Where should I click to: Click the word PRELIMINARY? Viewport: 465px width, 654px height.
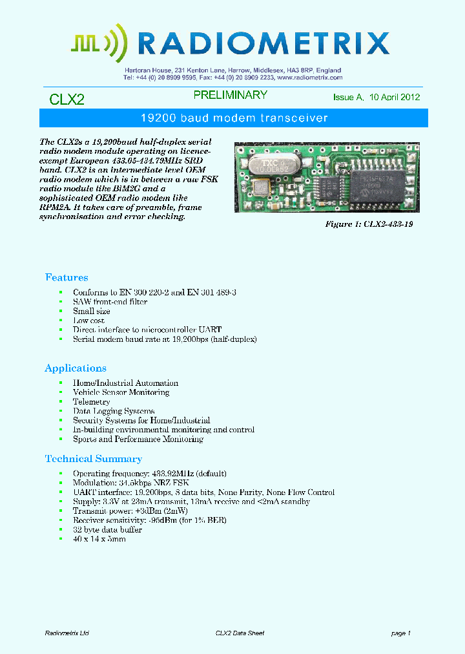(231, 95)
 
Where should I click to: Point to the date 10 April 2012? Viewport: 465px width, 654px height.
(395, 98)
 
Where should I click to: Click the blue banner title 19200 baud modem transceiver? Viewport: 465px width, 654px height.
(234, 118)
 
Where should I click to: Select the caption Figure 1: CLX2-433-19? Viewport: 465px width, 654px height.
(368, 224)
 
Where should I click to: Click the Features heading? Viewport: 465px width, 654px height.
(67, 277)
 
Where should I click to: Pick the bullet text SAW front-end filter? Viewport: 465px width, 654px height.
(110, 302)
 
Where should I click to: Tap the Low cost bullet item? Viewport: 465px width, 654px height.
(88, 321)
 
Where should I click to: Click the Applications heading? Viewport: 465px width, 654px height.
(76, 368)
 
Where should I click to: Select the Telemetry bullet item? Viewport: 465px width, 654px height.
(92, 401)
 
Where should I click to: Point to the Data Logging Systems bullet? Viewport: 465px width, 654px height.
(114, 411)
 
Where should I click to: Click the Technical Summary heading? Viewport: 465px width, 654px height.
(94, 459)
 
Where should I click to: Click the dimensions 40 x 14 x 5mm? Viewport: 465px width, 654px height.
(99, 539)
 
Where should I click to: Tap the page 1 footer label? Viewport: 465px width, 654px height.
(400, 633)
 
